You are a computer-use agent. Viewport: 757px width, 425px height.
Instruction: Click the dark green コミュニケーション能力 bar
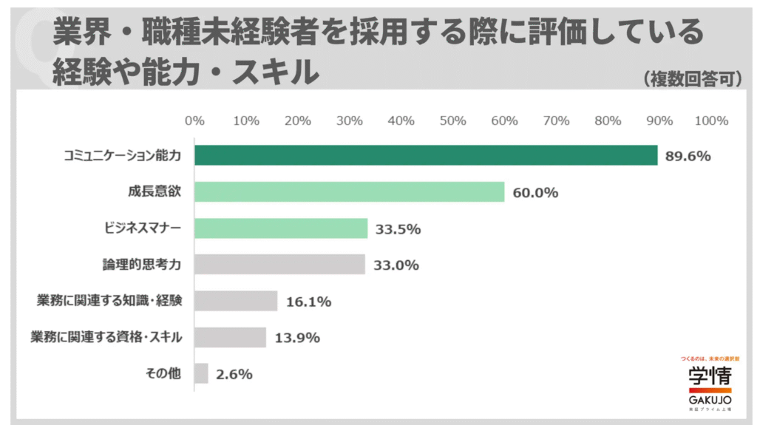426,155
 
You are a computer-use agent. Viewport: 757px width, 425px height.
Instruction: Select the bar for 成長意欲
349,192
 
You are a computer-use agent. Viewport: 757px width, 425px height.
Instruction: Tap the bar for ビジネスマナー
281,228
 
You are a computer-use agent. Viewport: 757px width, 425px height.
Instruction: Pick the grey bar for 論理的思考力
279,265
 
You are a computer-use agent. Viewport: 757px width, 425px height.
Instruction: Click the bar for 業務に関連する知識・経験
236,301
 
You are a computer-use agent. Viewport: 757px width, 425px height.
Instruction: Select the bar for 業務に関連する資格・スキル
230,337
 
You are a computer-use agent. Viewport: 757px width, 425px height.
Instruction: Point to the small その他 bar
201,373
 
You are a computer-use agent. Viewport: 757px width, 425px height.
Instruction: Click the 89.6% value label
688,156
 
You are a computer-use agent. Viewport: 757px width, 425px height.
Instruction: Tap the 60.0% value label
535,193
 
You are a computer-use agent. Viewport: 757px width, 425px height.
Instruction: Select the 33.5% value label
398,229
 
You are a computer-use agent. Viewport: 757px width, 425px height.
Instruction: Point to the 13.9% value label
296,338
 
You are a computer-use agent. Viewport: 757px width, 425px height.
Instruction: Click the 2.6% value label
234,374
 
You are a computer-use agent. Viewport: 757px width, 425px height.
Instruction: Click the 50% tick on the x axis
452,121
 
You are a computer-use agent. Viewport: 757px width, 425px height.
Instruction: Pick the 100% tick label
711,121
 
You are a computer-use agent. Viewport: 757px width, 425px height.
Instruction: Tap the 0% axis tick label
194,121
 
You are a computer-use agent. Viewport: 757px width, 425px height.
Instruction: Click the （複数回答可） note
692,79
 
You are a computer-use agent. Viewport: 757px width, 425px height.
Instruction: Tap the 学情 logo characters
710,375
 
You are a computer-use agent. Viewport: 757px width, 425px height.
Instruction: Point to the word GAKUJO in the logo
710,399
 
